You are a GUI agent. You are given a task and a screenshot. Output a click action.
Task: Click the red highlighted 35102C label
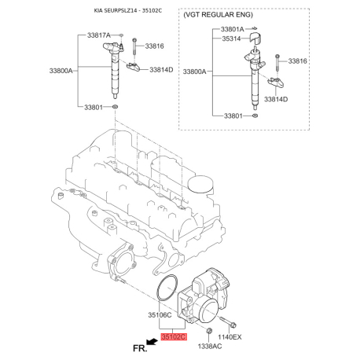[173, 336]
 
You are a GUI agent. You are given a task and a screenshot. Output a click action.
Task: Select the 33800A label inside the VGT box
[197, 72]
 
